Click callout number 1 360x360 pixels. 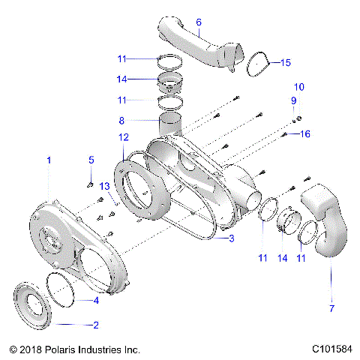(49, 160)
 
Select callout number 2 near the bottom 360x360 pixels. (95, 325)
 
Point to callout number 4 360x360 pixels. (95, 301)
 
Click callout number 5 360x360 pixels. (91, 160)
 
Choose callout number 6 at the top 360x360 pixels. (199, 22)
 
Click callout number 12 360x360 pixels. (294, 101)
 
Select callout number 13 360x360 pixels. (298, 88)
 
